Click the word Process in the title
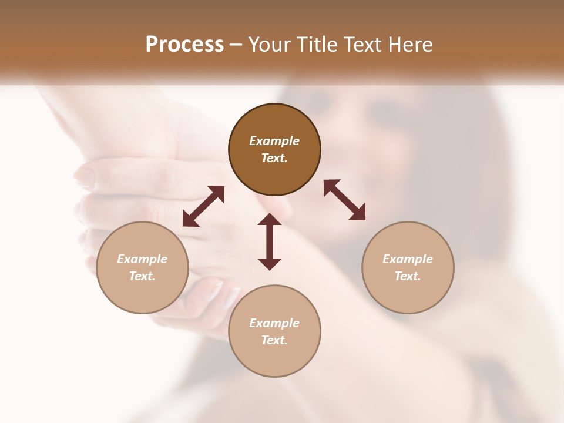coord(184,45)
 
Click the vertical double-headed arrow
coord(270,241)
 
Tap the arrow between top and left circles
coord(203,206)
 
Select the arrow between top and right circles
coord(344,200)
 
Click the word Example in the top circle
coord(274,141)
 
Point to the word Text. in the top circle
coord(274,158)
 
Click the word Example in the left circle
coord(142,259)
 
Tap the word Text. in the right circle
coord(408,276)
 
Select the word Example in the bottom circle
coord(274,323)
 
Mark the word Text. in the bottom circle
coord(274,340)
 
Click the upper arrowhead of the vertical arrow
coord(270,220)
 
